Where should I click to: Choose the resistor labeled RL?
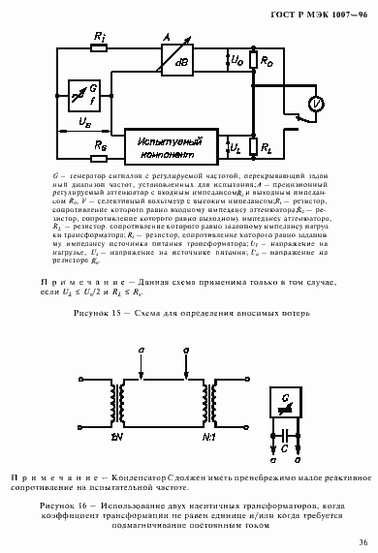pyautogui.click(x=254, y=147)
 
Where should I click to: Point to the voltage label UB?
pyautogui.click(x=85, y=123)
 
